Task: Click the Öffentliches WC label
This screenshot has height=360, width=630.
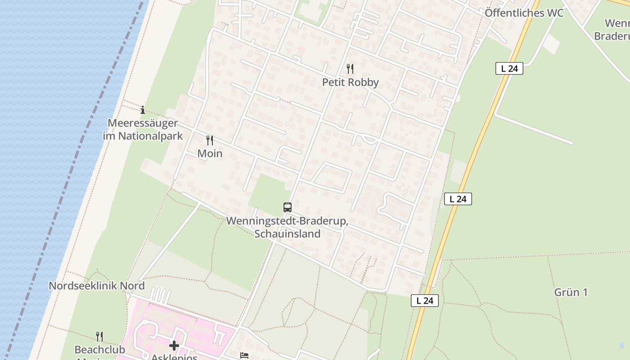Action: click(524, 13)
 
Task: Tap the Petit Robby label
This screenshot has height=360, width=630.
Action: click(350, 82)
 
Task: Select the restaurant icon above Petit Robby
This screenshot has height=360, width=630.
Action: click(350, 69)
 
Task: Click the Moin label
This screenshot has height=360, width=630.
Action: click(210, 153)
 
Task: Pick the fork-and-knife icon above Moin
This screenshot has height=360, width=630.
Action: click(210, 140)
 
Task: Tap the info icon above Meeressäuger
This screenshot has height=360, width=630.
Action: click(143, 110)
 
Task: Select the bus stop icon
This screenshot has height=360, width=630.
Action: click(288, 207)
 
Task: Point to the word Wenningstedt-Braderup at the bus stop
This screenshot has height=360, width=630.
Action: click(287, 221)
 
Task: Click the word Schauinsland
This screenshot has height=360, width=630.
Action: click(287, 234)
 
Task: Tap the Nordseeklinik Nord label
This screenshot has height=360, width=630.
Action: click(97, 286)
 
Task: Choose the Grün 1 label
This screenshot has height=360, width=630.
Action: click(571, 292)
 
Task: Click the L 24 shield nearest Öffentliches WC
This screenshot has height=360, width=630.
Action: click(509, 68)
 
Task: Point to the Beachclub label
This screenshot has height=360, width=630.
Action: click(100, 350)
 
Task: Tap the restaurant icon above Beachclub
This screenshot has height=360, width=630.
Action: click(99, 336)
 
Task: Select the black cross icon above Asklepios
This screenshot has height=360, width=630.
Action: click(174, 346)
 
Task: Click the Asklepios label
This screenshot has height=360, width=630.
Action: click(174, 357)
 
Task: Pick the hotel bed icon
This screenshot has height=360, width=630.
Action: click(244, 356)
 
